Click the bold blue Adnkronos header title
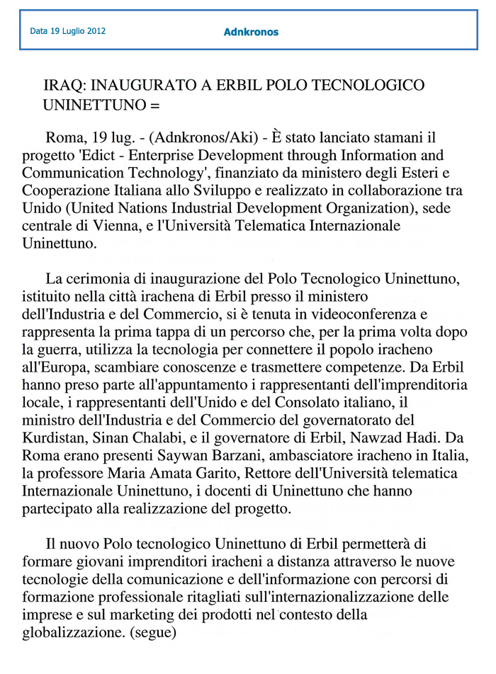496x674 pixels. click(x=251, y=32)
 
